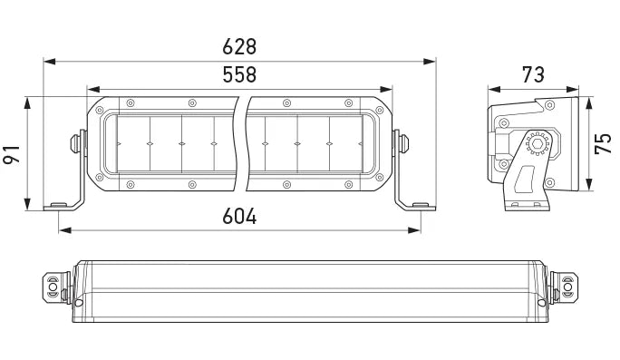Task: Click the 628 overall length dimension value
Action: click(239, 45)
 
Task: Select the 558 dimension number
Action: click(239, 74)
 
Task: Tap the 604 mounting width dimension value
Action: click(239, 217)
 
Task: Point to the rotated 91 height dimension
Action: click(12, 151)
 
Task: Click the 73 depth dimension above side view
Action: click(533, 73)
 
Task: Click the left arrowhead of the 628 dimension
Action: click(48, 62)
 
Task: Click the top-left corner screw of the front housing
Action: click(130, 102)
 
